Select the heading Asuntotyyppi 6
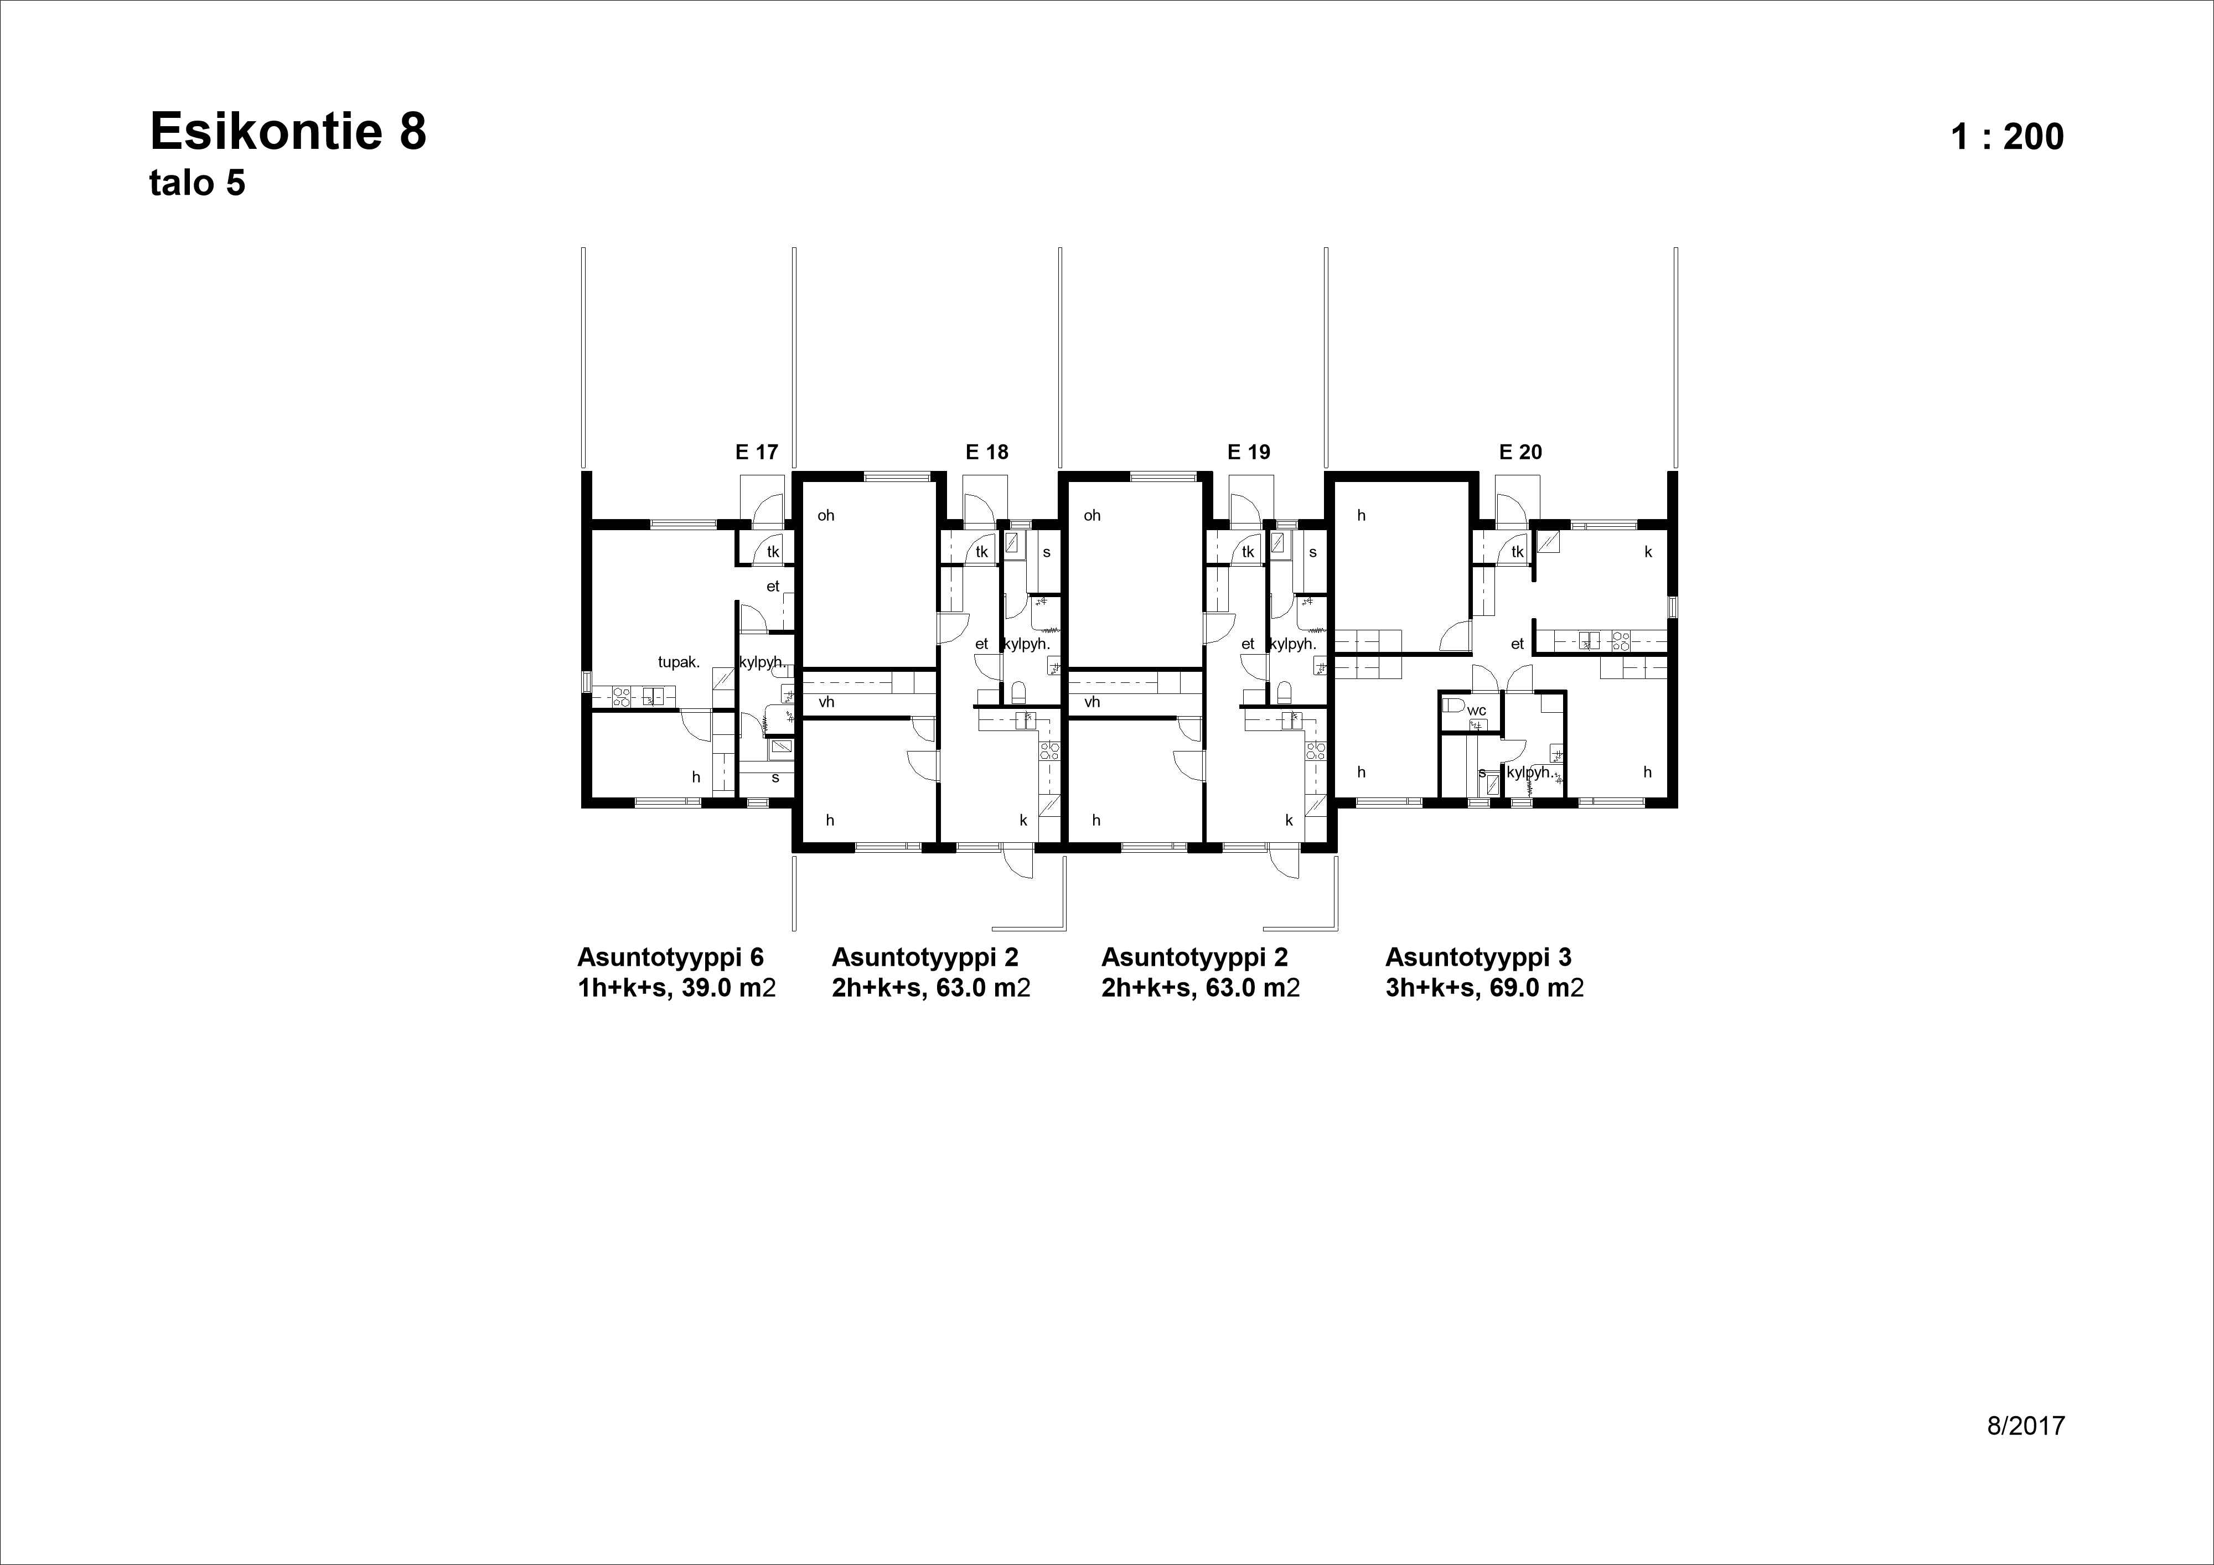[670, 957]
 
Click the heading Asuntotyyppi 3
[1478, 957]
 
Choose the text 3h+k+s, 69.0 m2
[1484, 988]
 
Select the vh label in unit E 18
[826, 702]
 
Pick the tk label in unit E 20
[1518, 552]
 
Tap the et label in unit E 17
[772, 586]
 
